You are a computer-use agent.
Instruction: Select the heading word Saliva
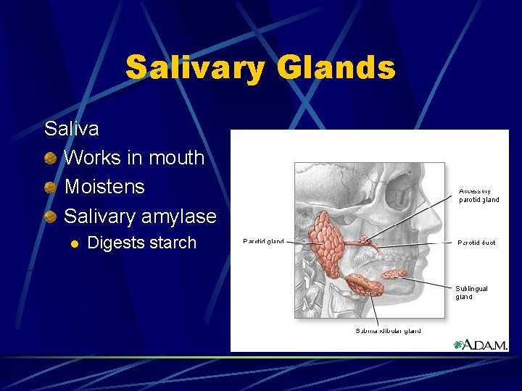click(x=72, y=129)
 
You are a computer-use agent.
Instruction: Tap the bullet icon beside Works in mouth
click(x=51, y=158)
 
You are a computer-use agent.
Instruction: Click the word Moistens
click(x=104, y=187)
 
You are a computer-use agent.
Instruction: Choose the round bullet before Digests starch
click(x=72, y=243)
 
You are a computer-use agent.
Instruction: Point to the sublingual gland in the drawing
click(x=394, y=274)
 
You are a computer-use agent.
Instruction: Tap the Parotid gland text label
click(x=263, y=242)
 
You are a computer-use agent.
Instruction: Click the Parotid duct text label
click(x=476, y=243)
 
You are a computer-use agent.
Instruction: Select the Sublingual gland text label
click(x=471, y=293)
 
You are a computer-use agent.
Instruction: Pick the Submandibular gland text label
click(x=388, y=331)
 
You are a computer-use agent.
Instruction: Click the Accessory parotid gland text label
click(x=478, y=195)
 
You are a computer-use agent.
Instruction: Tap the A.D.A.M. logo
click(x=481, y=345)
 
